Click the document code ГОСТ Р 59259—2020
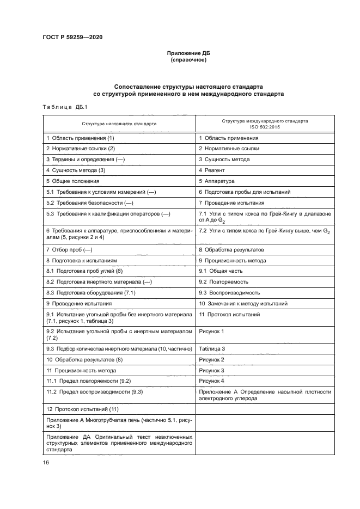72,38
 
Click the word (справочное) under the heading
187,60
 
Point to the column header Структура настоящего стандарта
119,124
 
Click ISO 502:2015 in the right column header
265,127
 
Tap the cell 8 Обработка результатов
231,249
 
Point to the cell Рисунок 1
212,331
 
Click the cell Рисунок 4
212,381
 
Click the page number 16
46,463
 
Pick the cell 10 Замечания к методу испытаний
243,304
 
